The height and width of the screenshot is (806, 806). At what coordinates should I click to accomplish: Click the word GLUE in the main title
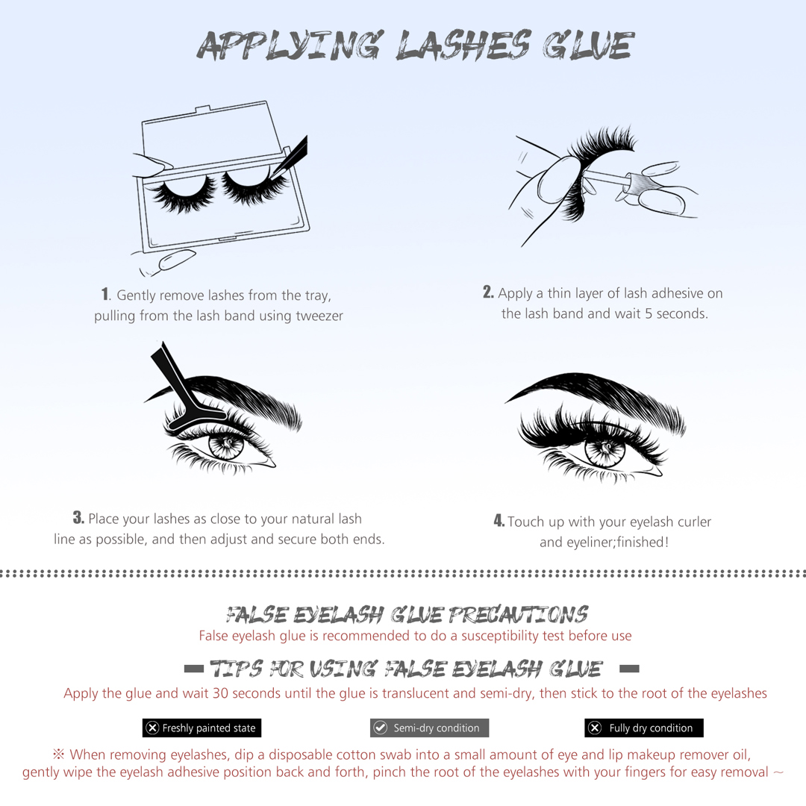click(x=589, y=46)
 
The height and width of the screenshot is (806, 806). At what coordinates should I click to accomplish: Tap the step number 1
click(x=105, y=294)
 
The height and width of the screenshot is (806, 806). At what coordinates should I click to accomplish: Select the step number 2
click(x=488, y=292)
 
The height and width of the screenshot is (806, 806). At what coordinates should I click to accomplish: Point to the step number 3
click(x=78, y=517)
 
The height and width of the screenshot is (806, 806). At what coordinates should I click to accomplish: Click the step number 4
click(x=499, y=520)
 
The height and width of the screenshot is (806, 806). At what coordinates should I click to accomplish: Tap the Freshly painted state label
click(x=202, y=728)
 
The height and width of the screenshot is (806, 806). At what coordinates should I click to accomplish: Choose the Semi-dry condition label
click(x=429, y=728)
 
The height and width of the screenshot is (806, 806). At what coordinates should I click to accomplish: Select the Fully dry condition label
click(x=643, y=728)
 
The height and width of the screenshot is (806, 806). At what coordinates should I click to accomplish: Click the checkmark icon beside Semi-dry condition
click(x=381, y=728)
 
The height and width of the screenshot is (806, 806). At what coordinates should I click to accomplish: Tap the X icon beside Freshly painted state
click(x=152, y=728)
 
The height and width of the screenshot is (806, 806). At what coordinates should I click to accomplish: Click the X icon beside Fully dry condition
click(x=595, y=728)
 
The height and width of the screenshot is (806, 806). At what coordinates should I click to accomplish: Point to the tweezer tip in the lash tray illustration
click(x=272, y=175)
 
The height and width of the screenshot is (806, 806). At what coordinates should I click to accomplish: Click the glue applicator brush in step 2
click(x=607, y=178)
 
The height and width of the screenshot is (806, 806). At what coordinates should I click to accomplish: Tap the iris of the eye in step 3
click(x=226, y=446)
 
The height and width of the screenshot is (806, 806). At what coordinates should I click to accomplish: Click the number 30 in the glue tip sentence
click(x=220, y=693)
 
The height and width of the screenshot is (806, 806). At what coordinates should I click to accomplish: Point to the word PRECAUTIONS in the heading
click(x=518, y=614)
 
